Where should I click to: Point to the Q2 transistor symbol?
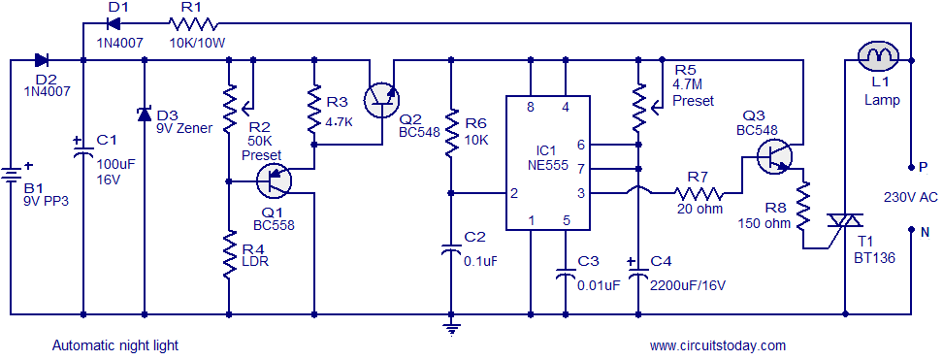(x=380, y=97)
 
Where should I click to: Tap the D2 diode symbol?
(x=42, y=60)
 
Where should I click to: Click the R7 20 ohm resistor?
(x=697, y=193)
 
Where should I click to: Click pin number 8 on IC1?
(x=531, y=106)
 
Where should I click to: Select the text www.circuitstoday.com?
(x=717, y=344)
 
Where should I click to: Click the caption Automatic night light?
(x=114, y=344)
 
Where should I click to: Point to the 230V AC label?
(x=910, y=197)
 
